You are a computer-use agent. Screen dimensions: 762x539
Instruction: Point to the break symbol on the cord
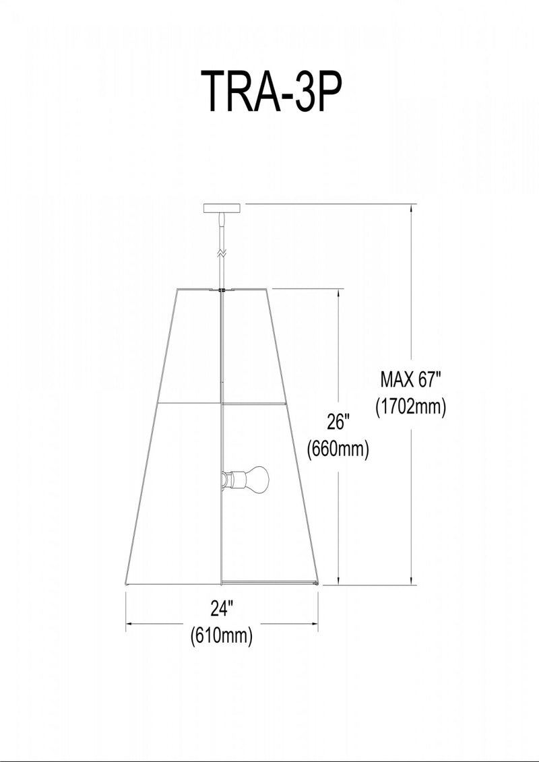tap(220, 254)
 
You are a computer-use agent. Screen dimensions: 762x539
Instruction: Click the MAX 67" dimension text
tap(410, 379)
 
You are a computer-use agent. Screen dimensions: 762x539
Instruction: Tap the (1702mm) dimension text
tap(410, 407)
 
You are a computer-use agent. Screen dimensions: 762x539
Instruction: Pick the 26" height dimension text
tap(338, 422)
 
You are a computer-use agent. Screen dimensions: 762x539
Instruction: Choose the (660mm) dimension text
tap(338, 449)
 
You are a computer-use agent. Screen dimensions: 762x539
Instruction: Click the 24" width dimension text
tap(221, 608)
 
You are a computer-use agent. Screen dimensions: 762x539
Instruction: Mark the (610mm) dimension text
tap(222, 635)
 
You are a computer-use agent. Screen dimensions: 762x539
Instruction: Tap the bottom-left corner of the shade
tap(127, 583)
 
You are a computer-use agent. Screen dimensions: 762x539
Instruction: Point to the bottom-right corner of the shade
tap(318, 583)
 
